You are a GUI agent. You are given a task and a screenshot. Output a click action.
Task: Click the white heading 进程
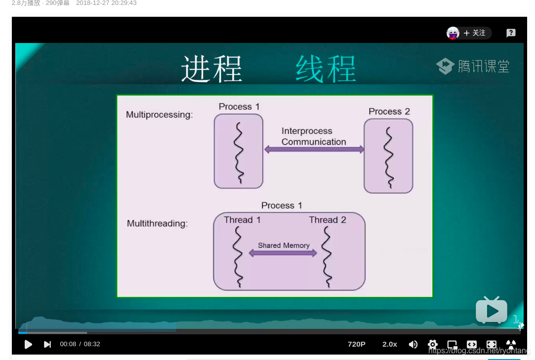(x=211, y=69)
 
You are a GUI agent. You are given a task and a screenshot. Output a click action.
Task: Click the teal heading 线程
(x=326, y=69)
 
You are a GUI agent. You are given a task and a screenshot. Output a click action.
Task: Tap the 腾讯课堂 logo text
(x=483, y=66)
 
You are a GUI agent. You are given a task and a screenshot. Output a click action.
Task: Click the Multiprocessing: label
(x=159, y=115)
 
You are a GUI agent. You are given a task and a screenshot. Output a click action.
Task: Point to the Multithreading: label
(x=157, y=223)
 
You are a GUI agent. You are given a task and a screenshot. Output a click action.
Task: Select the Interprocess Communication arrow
(x=314, y=149)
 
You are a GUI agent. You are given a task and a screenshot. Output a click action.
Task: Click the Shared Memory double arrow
(x=283, y=253)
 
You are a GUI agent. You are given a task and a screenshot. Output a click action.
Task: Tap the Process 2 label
(x=389, y=112)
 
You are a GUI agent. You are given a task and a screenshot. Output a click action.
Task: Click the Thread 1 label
(x=242, y=220)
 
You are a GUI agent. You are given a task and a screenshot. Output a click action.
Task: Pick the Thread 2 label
(x=328, y=220)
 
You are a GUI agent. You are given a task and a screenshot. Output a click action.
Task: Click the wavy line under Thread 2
(x=327, y=257)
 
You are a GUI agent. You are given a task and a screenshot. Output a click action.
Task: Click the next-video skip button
(x=47, y=344)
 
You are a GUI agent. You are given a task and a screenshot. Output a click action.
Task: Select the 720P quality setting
(x=357, y=344)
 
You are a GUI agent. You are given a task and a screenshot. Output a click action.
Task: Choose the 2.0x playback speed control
(x=390, y=344)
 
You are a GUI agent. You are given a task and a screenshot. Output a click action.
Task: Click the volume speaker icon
(x=413, y=344)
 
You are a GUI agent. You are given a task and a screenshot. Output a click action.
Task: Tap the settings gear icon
(x=433, y=344)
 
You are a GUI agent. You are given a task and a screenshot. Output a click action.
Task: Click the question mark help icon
(x=511, y=33)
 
